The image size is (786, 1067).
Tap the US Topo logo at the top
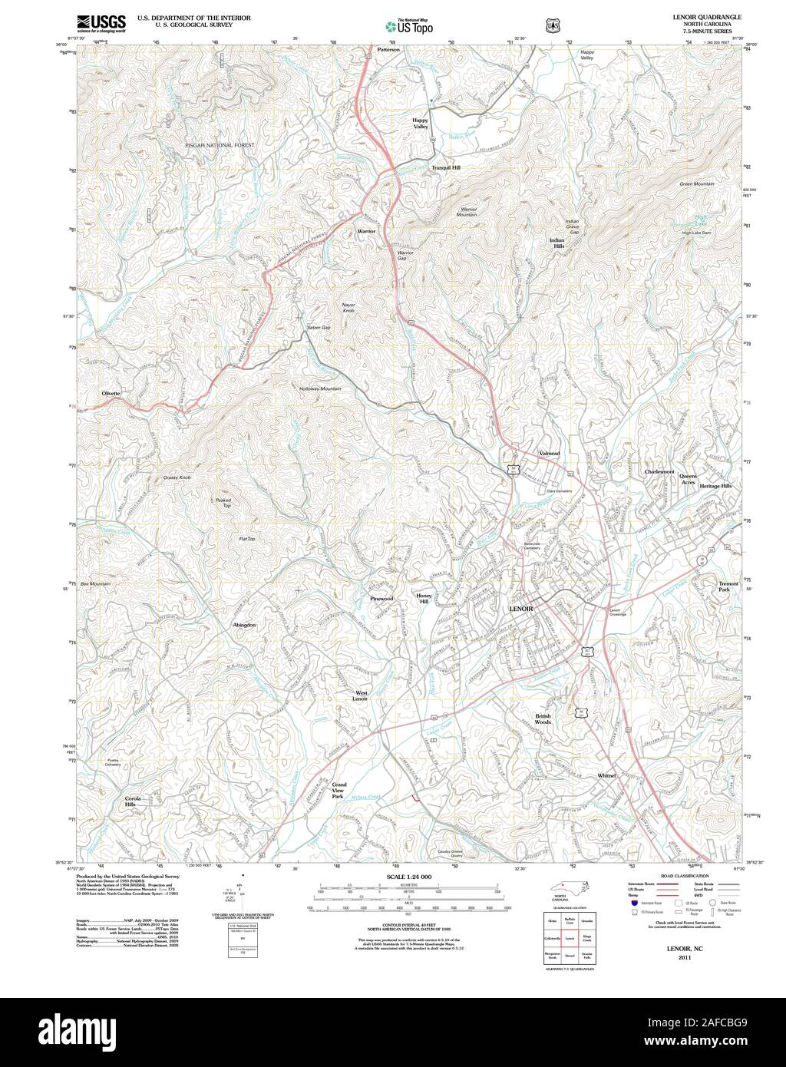pos(409,25)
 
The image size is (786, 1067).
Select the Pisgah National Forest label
pos(218,144)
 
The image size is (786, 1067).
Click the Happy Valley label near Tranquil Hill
pos(420,124)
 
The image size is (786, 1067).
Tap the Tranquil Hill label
pos(445,167)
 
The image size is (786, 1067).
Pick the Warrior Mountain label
pos(468,212)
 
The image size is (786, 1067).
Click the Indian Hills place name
pos(557,243)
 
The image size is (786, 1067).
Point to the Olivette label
pos(111,393)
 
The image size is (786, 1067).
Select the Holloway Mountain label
pos(320,388)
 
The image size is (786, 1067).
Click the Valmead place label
pos(549,454)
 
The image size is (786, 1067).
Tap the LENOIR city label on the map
pos(521,607)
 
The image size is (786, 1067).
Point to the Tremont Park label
pos(728,587)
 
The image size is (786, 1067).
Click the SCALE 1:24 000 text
pos(409,877)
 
